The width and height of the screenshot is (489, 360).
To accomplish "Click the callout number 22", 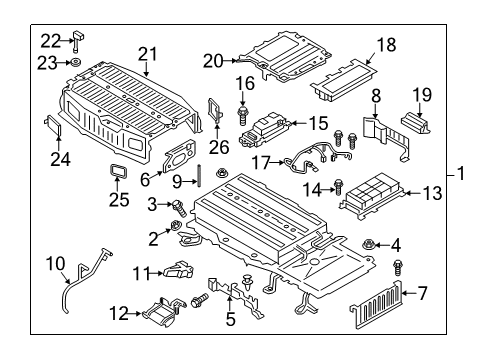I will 50,39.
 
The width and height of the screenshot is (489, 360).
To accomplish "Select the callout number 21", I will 148,53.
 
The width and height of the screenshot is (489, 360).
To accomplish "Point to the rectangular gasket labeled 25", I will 117,172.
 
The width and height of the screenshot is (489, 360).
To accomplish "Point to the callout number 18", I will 386,45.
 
